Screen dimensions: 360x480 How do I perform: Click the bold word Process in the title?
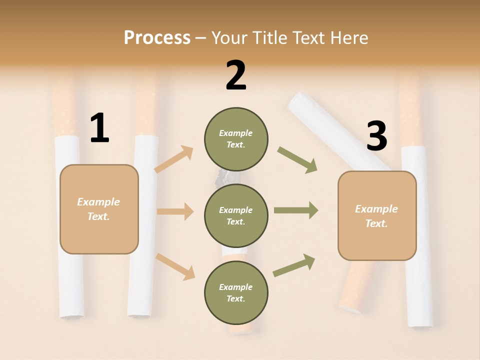[x=157, y=37]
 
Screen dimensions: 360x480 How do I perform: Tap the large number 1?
[x=99, y=128]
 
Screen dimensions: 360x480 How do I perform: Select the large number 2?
[x=236, y=75]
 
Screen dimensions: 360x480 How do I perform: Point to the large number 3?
[x=376, y=136]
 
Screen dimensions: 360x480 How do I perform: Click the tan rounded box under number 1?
[x=99, y=209]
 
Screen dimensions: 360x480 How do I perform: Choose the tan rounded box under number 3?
[x=377, y=215]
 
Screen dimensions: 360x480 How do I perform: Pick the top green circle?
[x=236, y=139]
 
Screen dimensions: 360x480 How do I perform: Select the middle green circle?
[x=236, y=215]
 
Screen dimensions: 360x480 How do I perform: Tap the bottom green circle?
[x=236, y=292]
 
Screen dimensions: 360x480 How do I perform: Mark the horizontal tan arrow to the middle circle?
[x=175, y=211]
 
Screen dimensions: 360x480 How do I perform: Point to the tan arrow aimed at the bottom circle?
[x=175, y=266]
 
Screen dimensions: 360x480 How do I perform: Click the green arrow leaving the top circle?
[x=297, y=159]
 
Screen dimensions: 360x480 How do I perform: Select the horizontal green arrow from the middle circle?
[x=295, y=210]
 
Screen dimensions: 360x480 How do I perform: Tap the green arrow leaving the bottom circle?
[x=294, y=265]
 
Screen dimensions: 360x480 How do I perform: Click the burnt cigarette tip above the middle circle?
[x=223, y=176]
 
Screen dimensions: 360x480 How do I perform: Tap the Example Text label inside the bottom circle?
[x=236, y=292]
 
